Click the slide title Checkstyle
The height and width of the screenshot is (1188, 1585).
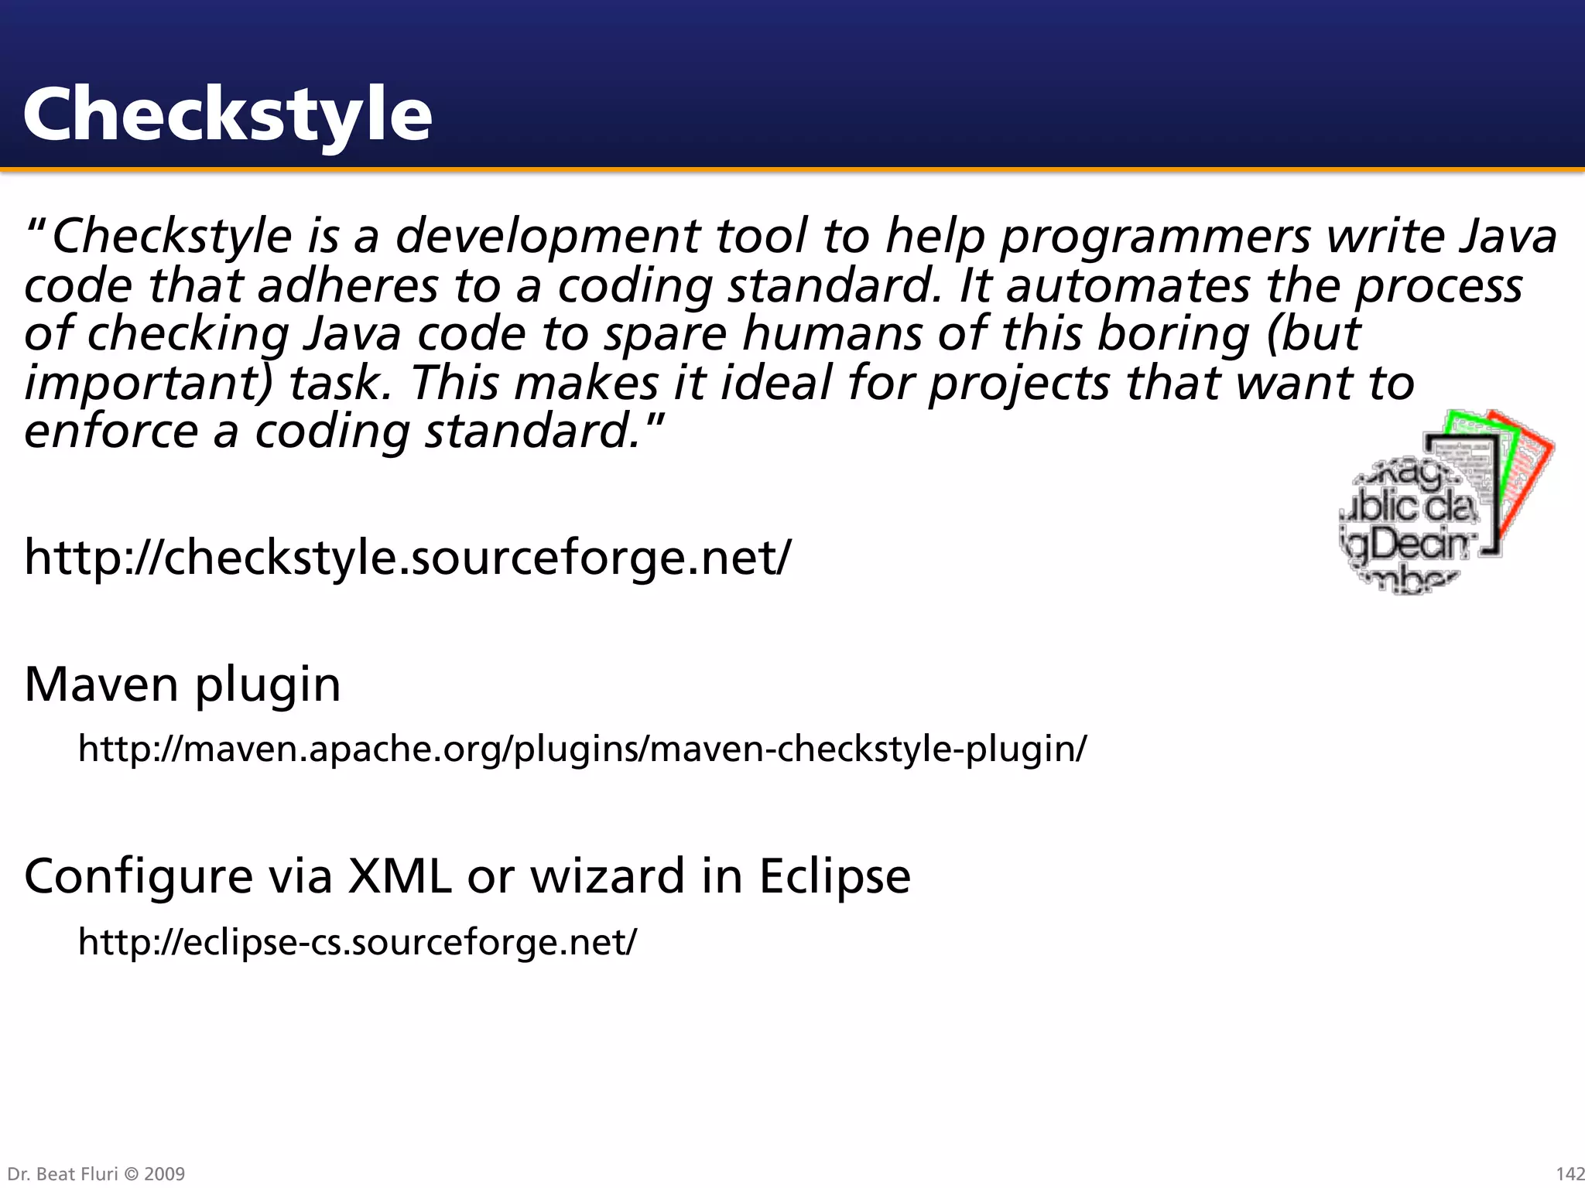tap(228, 114)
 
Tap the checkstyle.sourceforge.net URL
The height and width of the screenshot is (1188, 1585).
tap(408, 557)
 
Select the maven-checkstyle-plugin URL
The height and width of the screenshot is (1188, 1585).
tap(582, 749)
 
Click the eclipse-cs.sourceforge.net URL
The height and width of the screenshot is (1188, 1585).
tap(358, 942)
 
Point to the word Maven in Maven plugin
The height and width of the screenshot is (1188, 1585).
tap(101, 684)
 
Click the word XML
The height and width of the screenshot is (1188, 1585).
tap(399, 876)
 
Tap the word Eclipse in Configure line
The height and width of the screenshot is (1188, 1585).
tap(834, 876)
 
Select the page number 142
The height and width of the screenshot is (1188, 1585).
tap(1570, 1174)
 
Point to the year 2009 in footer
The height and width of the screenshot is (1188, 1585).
tap(165, 1174)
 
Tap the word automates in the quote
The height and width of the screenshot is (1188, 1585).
tap(1128, 285)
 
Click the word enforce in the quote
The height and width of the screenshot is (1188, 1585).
tap(111, 432)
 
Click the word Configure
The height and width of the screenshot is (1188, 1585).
tap(139, 876)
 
